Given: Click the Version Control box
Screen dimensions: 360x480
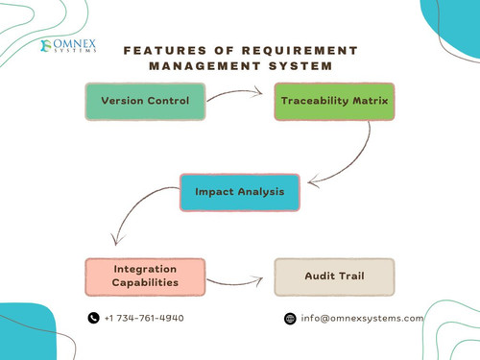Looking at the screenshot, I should point(145,101).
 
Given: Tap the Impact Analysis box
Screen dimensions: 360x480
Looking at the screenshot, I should point(239,192).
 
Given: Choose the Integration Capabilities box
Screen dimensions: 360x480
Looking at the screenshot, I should point(145,276).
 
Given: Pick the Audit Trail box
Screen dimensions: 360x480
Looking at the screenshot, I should point(334,276).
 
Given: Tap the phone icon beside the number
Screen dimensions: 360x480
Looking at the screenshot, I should point(93,319).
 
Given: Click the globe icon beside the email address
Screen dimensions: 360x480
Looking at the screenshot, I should point(290,319).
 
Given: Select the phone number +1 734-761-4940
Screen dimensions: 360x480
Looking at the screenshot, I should point(144,319).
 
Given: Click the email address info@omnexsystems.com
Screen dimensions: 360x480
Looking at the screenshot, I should point(362,319).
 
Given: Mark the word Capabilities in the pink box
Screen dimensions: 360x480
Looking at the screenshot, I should point(145,283).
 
